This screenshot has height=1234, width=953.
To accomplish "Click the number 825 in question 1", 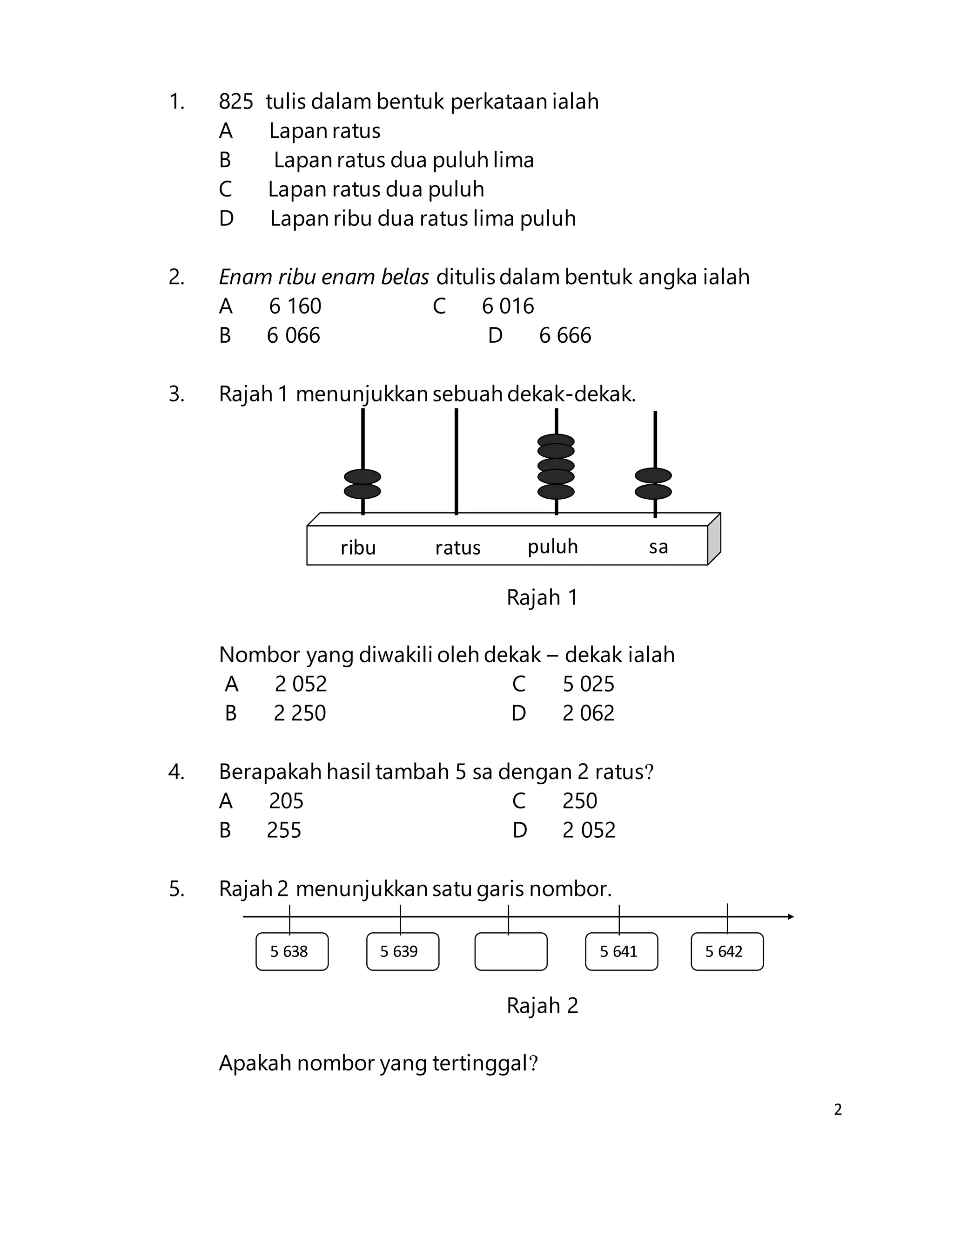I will (x=235, y=102).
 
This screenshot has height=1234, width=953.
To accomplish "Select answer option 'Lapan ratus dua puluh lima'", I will (x=403, y=160).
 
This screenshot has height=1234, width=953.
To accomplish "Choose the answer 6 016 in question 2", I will (x=508, y=306).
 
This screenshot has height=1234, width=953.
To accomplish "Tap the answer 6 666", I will (x=564, y=336).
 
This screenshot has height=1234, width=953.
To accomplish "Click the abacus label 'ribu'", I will (x=358, y=547).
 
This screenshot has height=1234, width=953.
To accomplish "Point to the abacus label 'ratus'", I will (x=457, y=547).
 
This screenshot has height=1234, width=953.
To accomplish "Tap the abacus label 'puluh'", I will (x=553, y=546).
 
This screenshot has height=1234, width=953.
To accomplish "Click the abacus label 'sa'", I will (x=658, y=546).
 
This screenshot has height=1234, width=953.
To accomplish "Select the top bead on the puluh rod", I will (x=556, y=440).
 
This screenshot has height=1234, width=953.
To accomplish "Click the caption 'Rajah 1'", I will (x=542, y=597).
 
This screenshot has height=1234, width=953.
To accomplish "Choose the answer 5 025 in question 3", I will (x=588, y=684).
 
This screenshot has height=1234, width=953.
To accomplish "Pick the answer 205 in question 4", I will (x=286, y=800).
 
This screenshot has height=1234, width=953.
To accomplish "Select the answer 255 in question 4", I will (x=284, y=830).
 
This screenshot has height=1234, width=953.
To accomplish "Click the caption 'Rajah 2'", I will (x=542, y=1005).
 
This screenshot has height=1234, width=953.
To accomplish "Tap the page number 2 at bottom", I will (x=838, y=1110).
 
